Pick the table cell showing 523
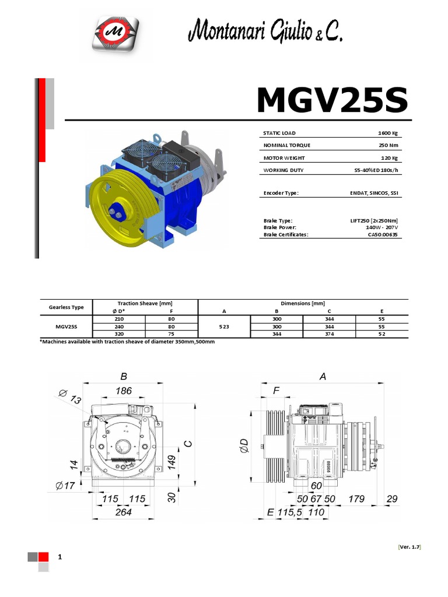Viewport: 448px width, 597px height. pos(224,327)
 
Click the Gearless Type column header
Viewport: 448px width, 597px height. pos(66,307)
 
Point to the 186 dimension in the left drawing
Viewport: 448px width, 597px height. pos(123,391)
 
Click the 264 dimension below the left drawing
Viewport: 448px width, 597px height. pos(123,512)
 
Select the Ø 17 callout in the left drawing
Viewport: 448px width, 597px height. pos(64,485)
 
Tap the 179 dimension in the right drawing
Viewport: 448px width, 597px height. pos(356,499)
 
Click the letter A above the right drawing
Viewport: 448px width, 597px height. pos(323,377)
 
